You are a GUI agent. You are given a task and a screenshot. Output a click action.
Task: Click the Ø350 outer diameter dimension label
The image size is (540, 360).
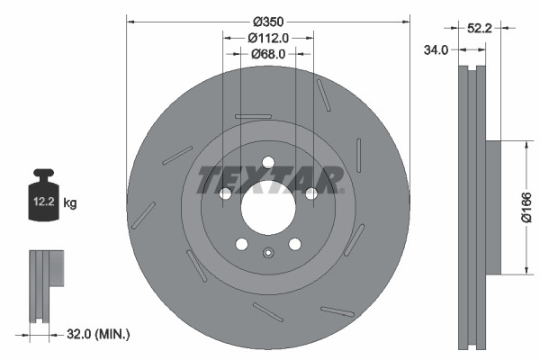[x=268, y=20]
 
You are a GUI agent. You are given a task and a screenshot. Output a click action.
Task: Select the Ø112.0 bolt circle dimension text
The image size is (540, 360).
[x=268, y=38]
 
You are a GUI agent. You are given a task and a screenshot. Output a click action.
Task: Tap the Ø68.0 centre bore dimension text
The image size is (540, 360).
[x=268, y=54]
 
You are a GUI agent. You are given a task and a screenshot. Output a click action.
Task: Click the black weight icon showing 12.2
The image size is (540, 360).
[x=44, y=193]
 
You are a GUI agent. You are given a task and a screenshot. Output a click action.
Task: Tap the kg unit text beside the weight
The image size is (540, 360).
[x=71, y=203]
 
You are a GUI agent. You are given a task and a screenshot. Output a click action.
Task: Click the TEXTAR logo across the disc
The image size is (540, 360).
[x=269, y=180]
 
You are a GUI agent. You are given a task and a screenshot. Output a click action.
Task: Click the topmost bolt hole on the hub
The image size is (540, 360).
[x=267, y=163]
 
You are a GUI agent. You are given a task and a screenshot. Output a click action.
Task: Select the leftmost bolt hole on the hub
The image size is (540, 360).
[x=226, y=193]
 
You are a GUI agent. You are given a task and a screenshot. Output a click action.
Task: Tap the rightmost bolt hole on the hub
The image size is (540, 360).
[x=310, y=193]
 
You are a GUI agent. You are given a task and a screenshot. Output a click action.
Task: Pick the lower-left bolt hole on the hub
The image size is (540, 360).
[x=241, y=244]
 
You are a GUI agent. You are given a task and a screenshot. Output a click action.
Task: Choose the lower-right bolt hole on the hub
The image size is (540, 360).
[x=294, y=244]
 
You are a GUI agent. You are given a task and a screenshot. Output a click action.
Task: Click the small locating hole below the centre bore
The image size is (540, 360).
[x=267, y=252]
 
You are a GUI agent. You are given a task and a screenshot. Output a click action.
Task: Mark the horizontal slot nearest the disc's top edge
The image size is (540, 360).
[x=253, y=116]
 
